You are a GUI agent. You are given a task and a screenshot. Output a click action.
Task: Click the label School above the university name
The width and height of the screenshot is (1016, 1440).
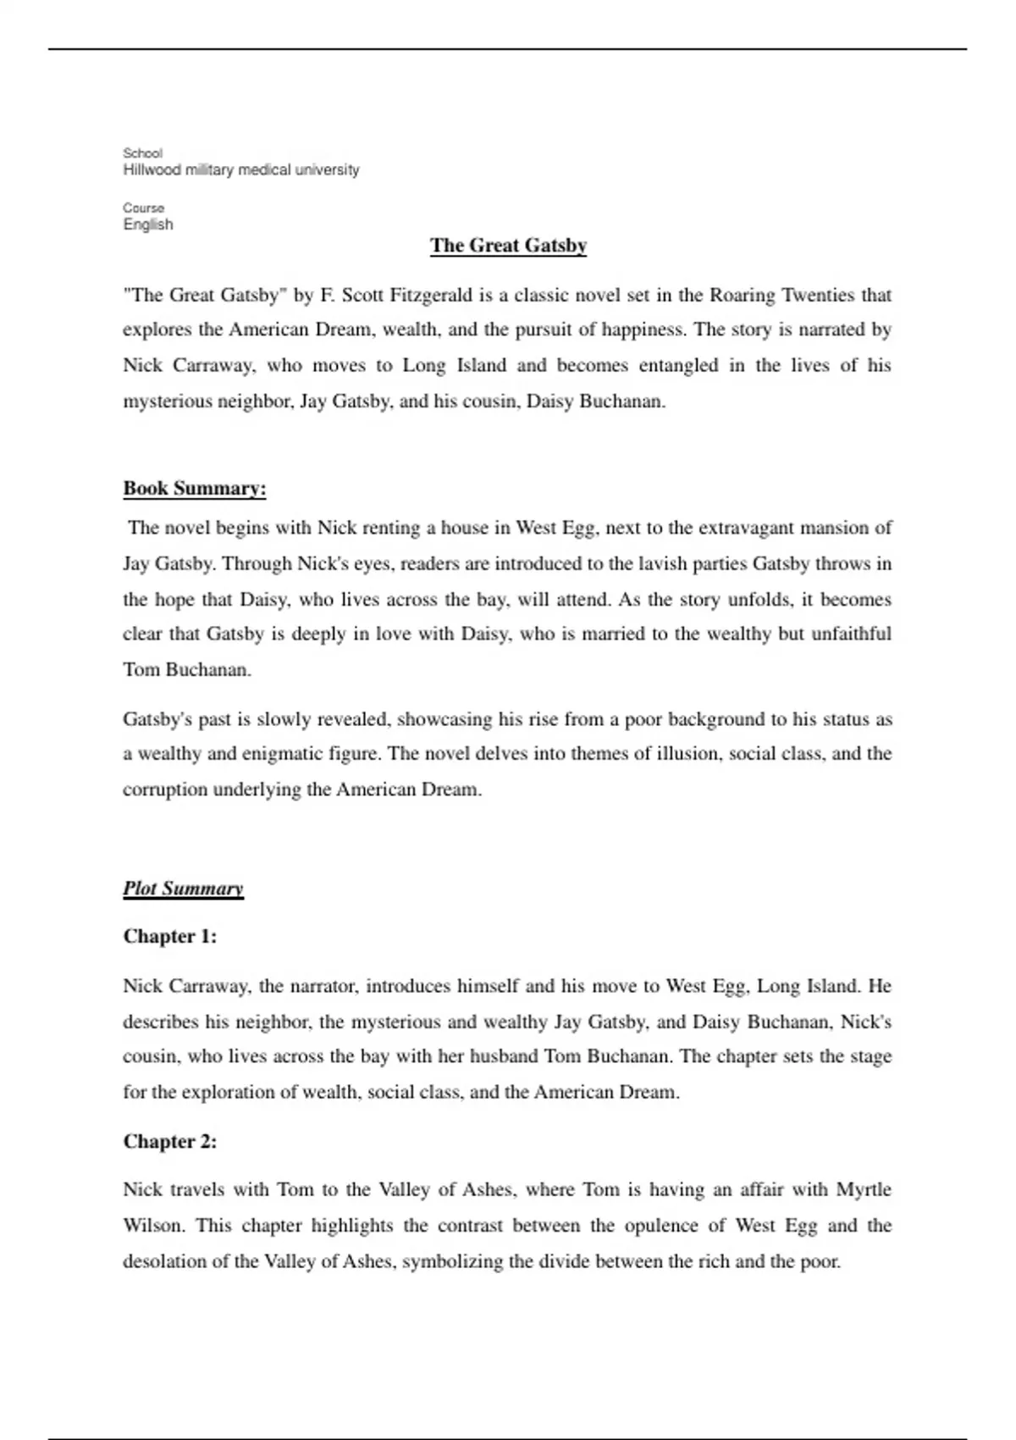[142, 153]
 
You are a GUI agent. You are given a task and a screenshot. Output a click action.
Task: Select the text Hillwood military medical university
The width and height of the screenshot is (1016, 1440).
[241, 170]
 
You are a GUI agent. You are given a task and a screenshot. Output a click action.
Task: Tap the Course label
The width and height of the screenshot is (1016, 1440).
[144, 208]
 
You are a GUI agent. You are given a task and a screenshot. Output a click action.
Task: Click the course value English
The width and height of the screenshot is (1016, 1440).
[148, 224]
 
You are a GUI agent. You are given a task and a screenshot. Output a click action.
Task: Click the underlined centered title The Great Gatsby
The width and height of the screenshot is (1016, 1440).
[508, 246]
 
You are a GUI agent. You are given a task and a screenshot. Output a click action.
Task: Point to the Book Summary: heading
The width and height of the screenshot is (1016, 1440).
[195, 489]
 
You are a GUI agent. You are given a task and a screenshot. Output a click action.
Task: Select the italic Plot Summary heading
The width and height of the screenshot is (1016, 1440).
[183, 889]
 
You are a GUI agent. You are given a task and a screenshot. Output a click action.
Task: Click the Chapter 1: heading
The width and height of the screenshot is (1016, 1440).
[170, 936]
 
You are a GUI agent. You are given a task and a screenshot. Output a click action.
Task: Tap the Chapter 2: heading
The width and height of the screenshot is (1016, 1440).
[170, 1141]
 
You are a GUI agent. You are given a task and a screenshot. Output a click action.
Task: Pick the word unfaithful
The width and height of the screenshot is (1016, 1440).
[851, 634]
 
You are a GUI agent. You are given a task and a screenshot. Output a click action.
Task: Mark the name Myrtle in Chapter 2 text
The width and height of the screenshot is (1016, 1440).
[864, 1190]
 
